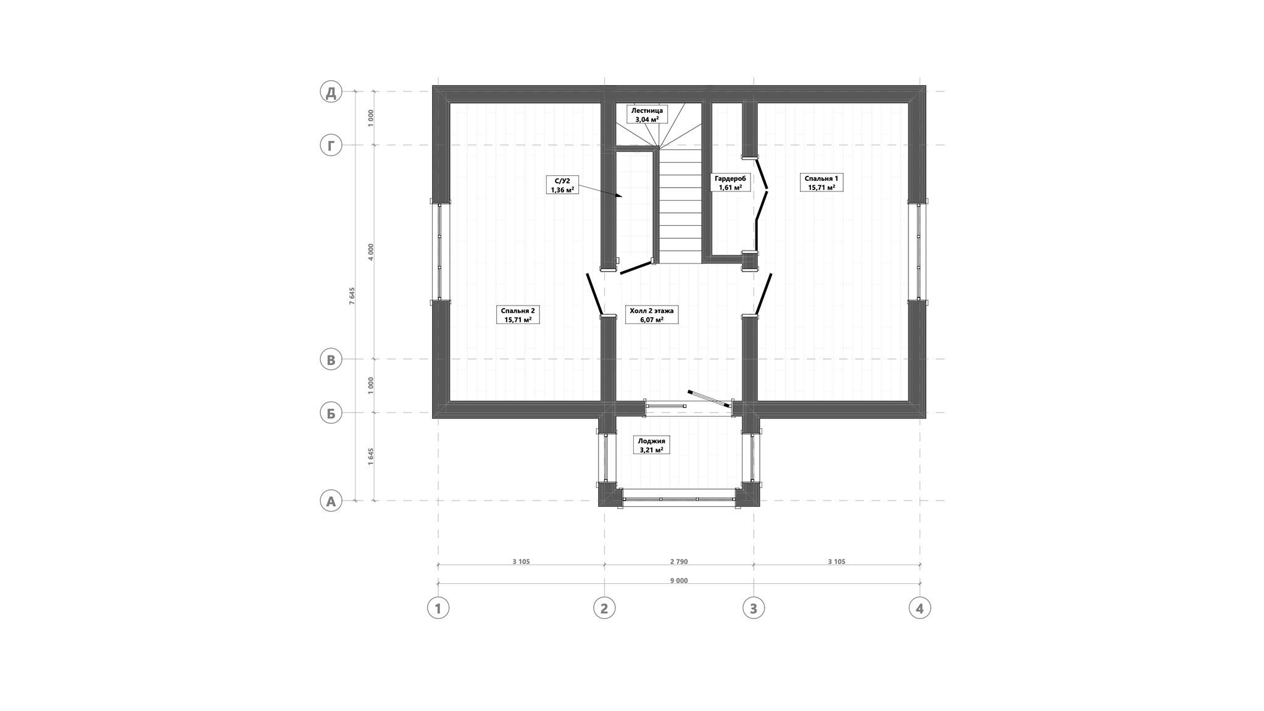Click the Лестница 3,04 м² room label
pyautogui.click(x=647, y=115)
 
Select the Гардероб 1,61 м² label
pyautogui.click(x=730, y=183)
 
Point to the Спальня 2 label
pyautogui.click(x=518, y=315)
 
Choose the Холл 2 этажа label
pyautogui.click(x=651, y=315)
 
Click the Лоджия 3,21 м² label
pyautogui.click(x=651, y=446)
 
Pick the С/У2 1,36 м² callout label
pyautogui.click(x=562, y=185)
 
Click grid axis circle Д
pyautogui.click(x=331, y=92)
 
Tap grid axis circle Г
pyautogui.click(x=331, y=146)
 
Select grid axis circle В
pyautogui.click(x=331, y=359)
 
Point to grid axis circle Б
pyautogui.click(x=331, y=413)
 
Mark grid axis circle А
pyautogui.click(x=331, y=501)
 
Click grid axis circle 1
pyautogui.click(x=438, y=608)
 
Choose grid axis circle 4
pyautogui.click(x=920, y=608)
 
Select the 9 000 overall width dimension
pyautogui.click(x=678, y=580)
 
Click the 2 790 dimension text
pyautogui.click(x=678, y=562)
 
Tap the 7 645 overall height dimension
pyautogui.click(x=352, y=296)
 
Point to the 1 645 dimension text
pyautogui.click(x=371, y=457)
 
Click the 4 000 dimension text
pyautogui.click(x=371, y=252)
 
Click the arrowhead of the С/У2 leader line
pyautogui.click(x=620, y=196)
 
